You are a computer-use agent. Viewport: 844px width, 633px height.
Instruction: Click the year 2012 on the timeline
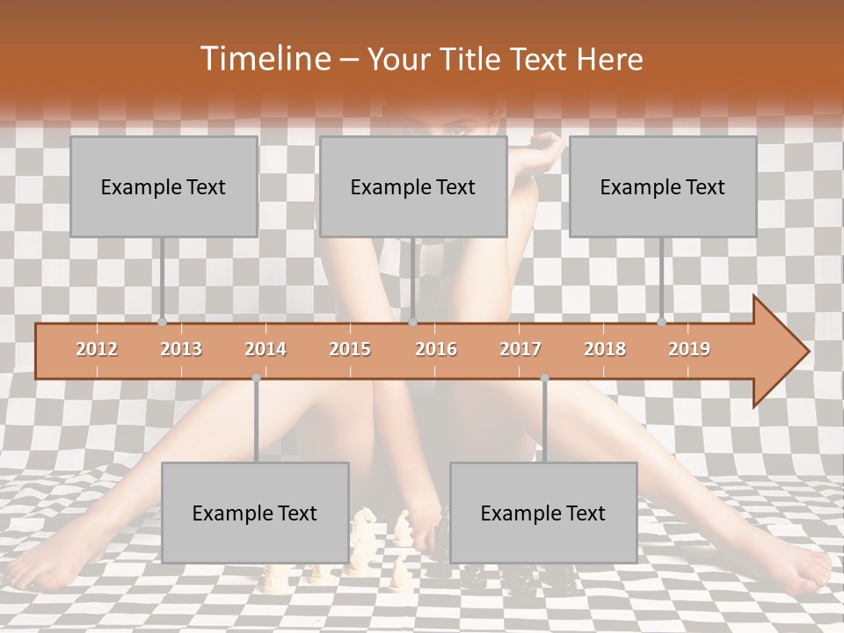(97, 349)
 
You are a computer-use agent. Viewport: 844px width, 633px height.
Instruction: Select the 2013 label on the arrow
(181, 349)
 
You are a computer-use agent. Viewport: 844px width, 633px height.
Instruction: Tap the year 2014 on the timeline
(266, 349)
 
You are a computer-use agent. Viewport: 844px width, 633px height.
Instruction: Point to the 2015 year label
(350, 349)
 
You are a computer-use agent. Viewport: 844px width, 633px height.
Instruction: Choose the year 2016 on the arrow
(436, 349)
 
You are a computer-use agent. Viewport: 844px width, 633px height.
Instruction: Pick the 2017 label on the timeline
(520, 349)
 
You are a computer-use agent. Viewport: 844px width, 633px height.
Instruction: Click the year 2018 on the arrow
(605, 349)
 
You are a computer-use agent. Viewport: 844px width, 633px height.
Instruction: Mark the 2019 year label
(689, 349)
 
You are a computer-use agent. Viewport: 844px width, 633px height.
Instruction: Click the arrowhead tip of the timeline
(806, 352)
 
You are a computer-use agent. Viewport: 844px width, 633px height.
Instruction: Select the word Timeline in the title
(263, 59)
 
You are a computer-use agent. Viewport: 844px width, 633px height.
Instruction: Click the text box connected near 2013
(164, 186)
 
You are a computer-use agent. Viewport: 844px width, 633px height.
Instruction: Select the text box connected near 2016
(413, 186)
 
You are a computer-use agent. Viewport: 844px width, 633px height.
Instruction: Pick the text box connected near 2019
(663, 186)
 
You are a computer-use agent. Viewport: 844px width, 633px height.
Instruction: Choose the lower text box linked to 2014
(255, 513)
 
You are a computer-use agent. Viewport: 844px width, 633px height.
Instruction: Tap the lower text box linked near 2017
(543, 513)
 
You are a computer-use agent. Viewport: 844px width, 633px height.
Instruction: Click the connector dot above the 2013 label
(162, 322)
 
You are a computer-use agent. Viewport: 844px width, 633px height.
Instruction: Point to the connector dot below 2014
(256, 378)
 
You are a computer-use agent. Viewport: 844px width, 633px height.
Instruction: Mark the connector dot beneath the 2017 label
(544, 378)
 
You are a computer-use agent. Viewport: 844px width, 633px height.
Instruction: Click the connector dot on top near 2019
(661, 322)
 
